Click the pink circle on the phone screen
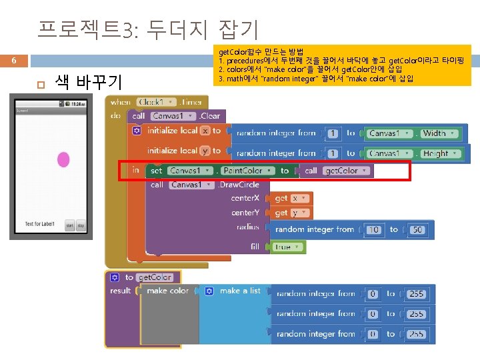64,159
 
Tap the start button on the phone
69,226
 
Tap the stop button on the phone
80,226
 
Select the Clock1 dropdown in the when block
157,102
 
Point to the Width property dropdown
437,133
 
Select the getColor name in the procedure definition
155,277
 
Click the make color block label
167,291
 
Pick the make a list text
240,291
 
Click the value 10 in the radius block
374,229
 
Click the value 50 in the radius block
418,229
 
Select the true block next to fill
286,247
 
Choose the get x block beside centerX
290,198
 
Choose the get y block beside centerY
290,213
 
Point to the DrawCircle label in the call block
239,185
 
